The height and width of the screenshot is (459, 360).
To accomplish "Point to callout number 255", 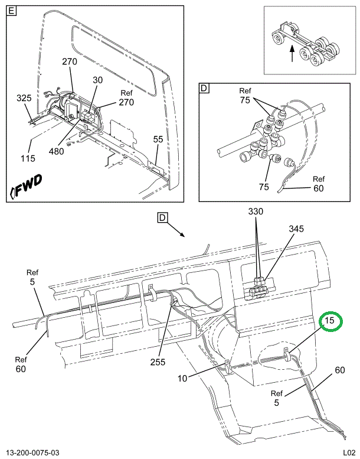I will (158, 362).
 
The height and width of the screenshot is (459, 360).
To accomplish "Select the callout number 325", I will (24, 97).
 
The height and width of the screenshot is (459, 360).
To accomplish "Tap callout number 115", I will (27, 158).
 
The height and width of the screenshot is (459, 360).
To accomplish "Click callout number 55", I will (158, 139).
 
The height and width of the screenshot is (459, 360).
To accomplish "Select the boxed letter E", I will (13, 11).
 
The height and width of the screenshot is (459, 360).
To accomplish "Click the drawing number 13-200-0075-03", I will (34, 453).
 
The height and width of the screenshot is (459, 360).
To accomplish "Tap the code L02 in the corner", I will (345, 453).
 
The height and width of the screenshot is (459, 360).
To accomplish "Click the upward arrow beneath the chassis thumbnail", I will (293, 56).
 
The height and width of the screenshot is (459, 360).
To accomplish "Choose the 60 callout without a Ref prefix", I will (339, 370).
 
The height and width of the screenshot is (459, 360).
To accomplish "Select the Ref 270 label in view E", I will (126, 97).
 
